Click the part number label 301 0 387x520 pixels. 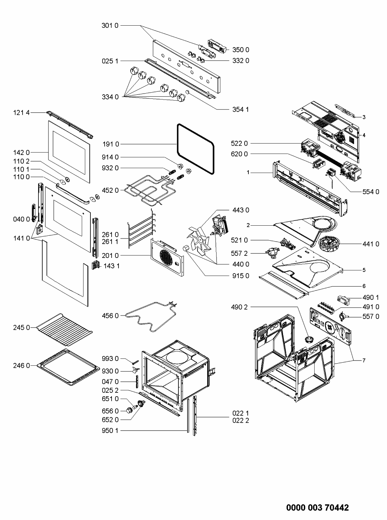pos(110,26)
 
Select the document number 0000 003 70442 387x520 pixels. pos(317,508)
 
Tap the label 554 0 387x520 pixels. pos(371,192)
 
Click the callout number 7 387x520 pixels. pos(364,361)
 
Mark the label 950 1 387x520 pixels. pos(110,431)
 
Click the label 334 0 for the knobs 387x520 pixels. pos(110,97)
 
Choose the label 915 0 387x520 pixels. pos(241,276)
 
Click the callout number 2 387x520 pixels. pos(248,225)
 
